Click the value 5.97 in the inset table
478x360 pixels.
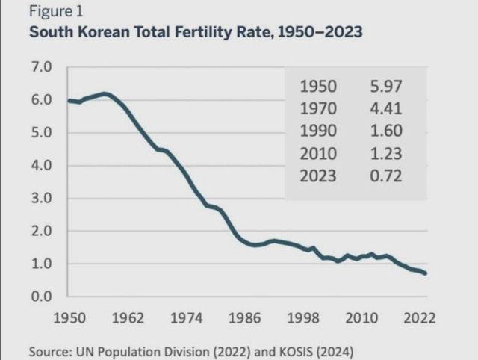click(x=386, y=87)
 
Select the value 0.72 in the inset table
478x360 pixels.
click(x=386, y=176)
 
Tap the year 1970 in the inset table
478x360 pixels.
click(x=318, y=109)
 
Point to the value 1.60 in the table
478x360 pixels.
click(x=386, y=131)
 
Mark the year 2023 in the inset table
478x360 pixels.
click(x=318, y=176)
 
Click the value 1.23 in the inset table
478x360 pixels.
click(x=386, y=154)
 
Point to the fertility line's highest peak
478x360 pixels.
click(x=105, y=93)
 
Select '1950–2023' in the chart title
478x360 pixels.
click(x=317, y=34)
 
